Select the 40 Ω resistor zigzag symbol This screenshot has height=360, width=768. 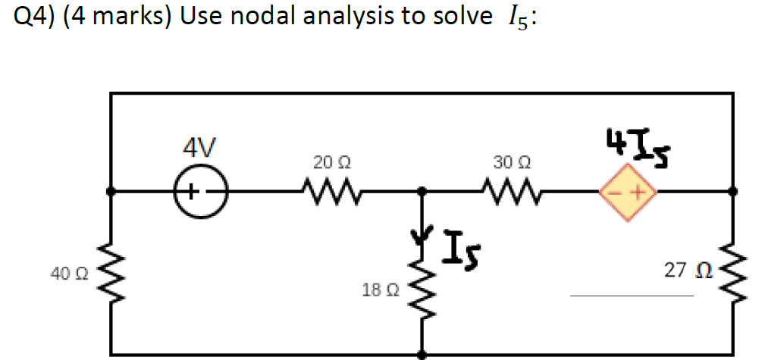coord(111,271)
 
